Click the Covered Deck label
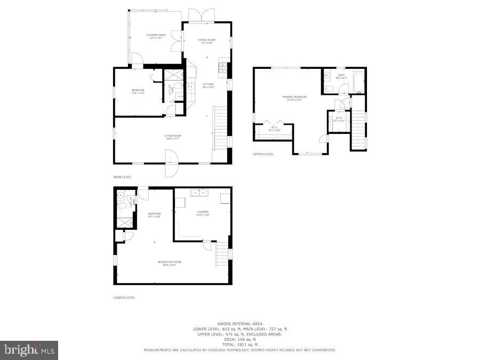click(x=156, y=36)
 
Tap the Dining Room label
click(x=207, y=42)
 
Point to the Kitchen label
click(x=208, y=86)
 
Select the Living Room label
click(x=172, y=137)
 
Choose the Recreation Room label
click(x=169, y=263)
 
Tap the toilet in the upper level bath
click(x=329, y=89)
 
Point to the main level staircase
click(x=220, y=128)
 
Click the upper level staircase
click(x=358, y=130)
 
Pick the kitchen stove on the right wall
click(x=222, y=68)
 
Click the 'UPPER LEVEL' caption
click(x=263, y=154)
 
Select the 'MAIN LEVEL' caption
click(x=122, y=177)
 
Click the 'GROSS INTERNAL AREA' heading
click(x=239, y=323)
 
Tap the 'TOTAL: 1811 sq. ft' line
click(x=239, y=345)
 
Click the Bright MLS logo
click(x=29, y=350)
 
